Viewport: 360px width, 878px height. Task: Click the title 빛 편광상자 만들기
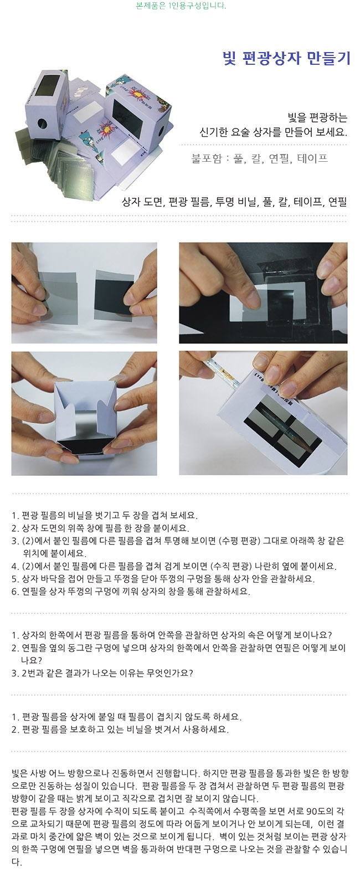(286, 58)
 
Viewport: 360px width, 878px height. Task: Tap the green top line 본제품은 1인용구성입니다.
(181, 6)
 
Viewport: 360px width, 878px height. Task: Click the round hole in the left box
(43, 124)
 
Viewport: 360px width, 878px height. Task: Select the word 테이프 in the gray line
(312, 158)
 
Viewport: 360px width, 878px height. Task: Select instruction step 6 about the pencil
(131, 591)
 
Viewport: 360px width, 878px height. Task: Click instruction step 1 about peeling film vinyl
(105, 515)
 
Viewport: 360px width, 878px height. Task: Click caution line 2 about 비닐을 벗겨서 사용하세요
(120, 730)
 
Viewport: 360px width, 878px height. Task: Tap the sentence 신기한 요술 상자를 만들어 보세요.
(274, 132)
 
